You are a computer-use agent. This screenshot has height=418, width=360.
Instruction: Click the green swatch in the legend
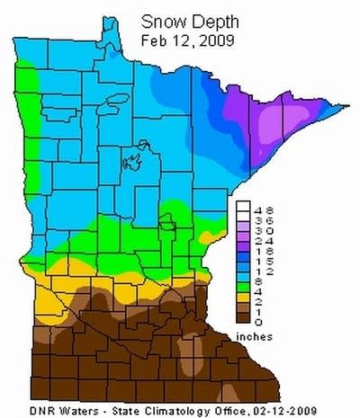coord(244,283)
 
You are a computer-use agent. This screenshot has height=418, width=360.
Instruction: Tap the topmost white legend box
coord(244,208)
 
